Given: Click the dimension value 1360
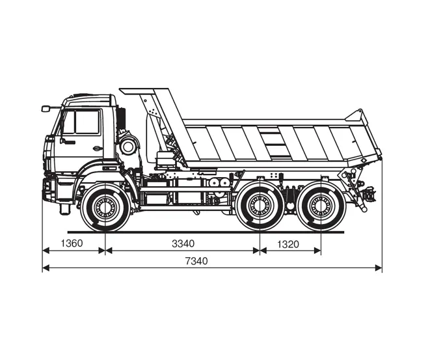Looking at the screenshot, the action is tap(72, 243).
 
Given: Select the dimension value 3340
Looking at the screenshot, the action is tap(183, 243).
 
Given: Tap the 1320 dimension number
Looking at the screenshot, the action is tap(288, 244).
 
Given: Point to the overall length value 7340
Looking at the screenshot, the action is tap(196, 261).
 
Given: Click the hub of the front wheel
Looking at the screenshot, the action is tap(105, 207).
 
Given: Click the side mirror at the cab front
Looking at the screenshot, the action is tap(46, 109).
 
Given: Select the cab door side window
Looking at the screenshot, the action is tap(87, 122).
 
